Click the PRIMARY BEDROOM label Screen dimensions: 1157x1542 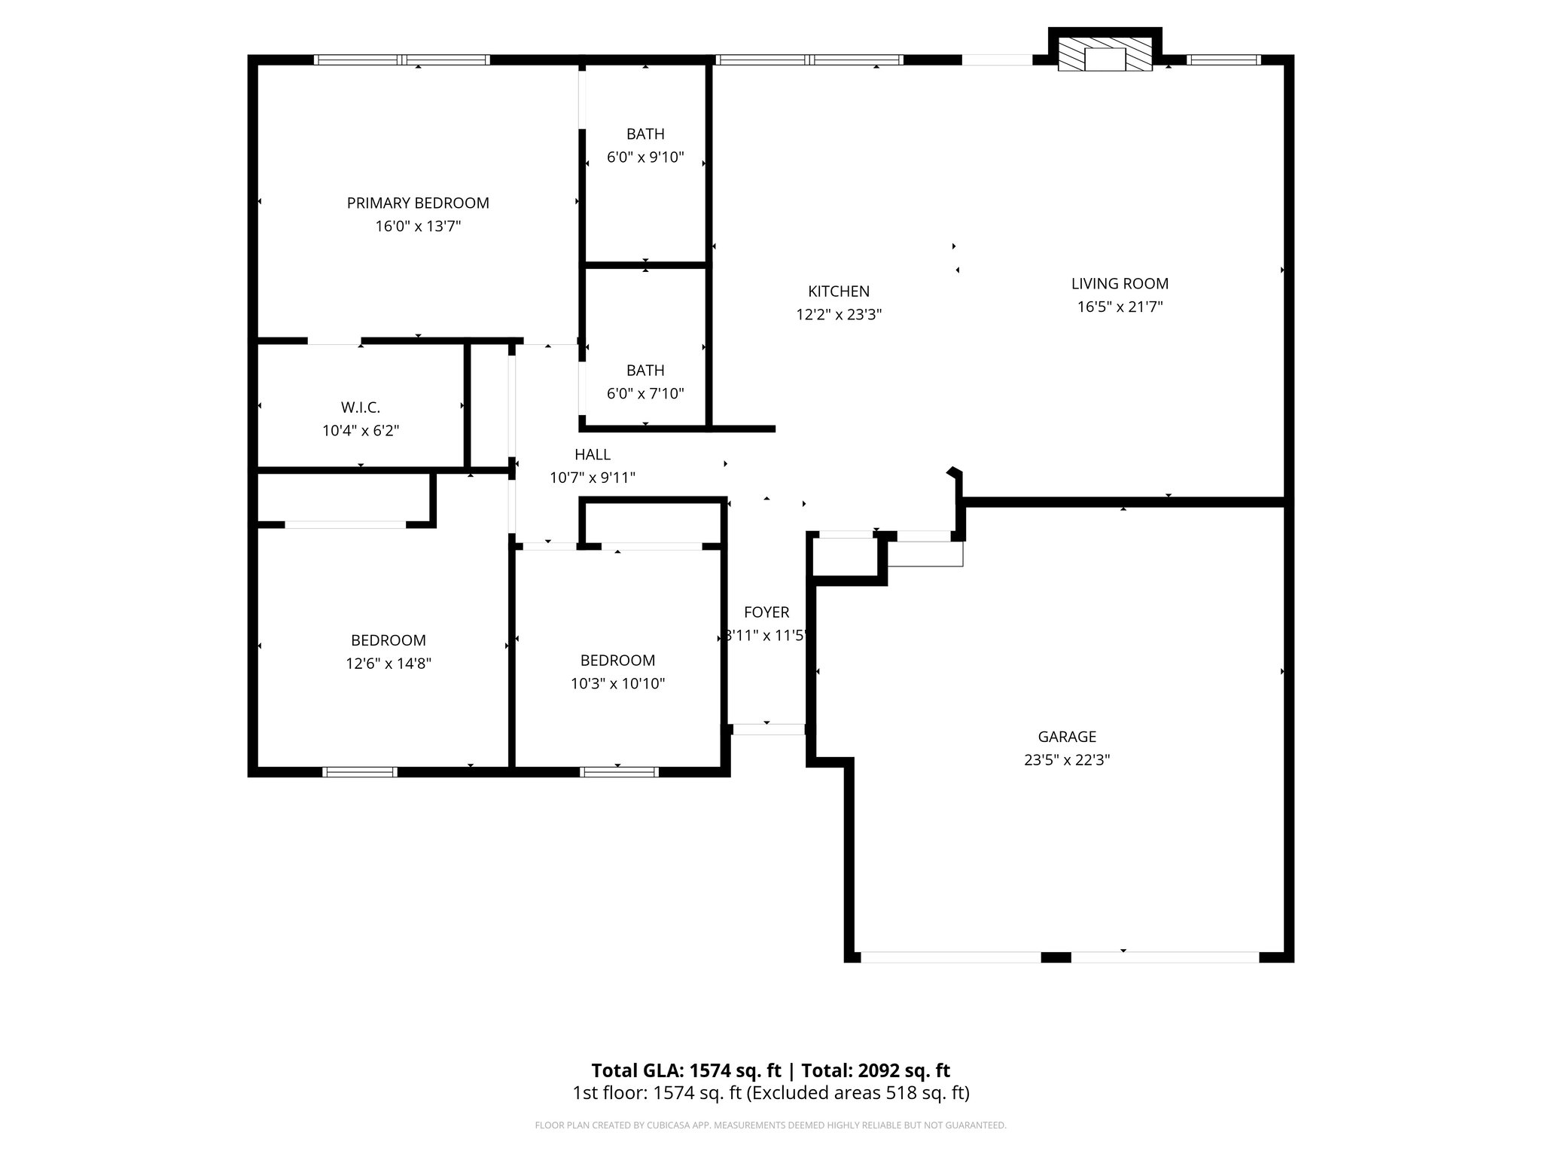418,203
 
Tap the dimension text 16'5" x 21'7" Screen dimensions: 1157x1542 1120,307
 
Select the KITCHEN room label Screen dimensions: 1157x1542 839,291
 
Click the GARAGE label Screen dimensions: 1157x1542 1067,737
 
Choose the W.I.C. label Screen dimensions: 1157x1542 360,408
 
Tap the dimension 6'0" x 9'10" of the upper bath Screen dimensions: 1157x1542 645,157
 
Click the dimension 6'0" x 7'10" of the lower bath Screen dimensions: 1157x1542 645,393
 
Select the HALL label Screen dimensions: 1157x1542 593,454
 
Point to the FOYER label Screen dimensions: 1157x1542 766,612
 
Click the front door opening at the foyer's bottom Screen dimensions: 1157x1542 768,728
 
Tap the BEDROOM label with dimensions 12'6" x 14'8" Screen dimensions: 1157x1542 389,640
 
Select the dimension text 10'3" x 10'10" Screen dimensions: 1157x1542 617,683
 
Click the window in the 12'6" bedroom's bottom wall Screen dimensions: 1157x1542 360,771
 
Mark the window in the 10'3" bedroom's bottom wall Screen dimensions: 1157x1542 619,771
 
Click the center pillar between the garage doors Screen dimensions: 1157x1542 1056,957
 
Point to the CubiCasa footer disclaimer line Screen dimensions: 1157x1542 770,1125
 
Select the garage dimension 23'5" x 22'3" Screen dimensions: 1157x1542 1067,760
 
